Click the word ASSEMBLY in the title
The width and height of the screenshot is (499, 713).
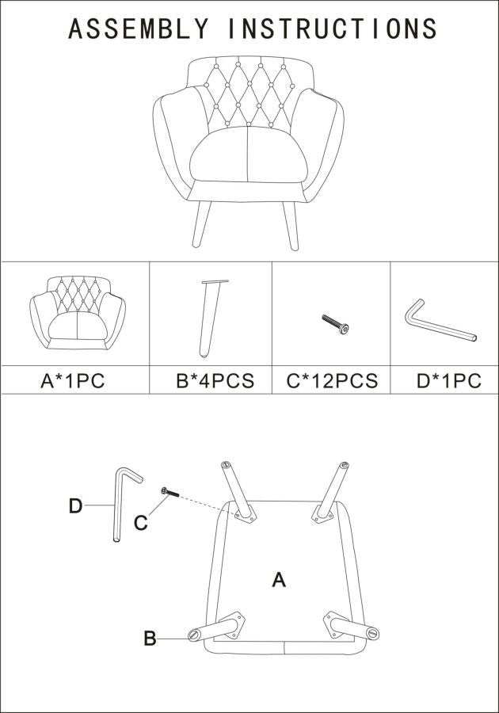(139, 29)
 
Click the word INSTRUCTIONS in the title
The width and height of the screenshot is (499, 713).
(333, 29)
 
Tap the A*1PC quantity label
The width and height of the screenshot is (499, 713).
(73, 380)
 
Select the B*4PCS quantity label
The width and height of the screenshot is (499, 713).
(215, 380)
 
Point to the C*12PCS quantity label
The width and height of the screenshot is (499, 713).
(332, 380)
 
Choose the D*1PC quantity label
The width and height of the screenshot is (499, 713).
(449, 380)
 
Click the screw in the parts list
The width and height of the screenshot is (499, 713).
(335, 324)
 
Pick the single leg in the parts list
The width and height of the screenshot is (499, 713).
(210, 318)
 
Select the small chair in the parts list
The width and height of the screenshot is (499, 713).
(78, 314)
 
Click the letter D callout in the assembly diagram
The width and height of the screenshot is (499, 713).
(75, 505)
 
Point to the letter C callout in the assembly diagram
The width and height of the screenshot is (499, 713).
(140, 523)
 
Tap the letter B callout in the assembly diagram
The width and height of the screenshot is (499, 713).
(150, 638)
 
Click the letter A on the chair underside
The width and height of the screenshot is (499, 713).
(279, 580)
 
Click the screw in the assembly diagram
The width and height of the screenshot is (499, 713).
(170, 491)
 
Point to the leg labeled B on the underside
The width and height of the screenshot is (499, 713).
(216, 627)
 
